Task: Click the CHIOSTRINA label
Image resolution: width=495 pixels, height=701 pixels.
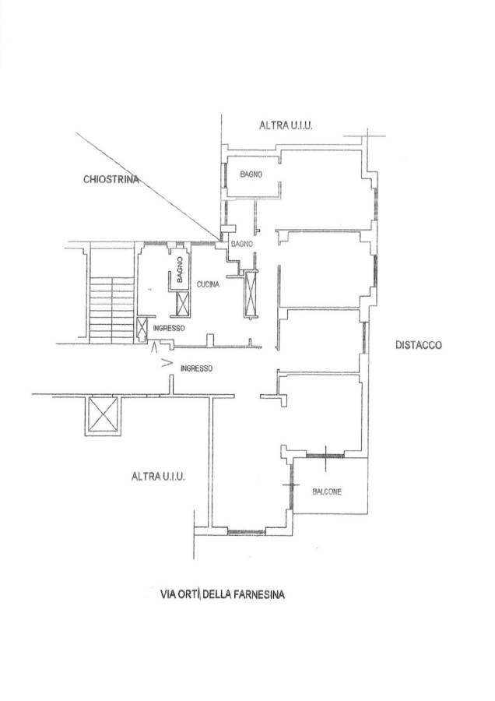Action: click(x=111, y=179)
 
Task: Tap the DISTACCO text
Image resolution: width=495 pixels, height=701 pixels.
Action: click(x=419, y=345)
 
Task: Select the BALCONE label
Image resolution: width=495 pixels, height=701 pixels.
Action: click(x=327, y=491)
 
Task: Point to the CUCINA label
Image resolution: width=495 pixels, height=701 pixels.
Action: click(x=208, y=284)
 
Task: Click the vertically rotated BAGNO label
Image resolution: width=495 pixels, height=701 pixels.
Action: click(x=180, y=269)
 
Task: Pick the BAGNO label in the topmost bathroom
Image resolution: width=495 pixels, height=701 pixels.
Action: click(x=251, y=174)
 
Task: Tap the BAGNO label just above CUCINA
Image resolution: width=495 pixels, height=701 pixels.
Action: click(x=242, y=244)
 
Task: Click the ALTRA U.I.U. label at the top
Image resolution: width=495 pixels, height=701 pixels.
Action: click(x=286, y=125)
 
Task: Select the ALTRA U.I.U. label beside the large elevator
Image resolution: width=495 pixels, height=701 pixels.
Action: click(x=158, y=477)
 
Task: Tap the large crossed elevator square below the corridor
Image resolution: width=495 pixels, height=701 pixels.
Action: click(x=102, y=415)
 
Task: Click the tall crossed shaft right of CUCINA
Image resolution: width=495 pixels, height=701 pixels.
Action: click(x=251, y=294)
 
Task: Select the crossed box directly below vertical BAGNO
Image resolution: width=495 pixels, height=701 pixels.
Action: click(x=183, y=303)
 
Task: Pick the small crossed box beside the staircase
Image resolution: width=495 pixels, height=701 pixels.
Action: click(x=141, y=328)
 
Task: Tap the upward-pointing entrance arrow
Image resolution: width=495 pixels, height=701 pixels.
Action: click(x=155, y=347)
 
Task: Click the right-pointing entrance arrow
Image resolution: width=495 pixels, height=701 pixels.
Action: click(x=167, y=362)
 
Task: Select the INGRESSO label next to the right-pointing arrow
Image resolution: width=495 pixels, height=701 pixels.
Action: click(x=196, y=368)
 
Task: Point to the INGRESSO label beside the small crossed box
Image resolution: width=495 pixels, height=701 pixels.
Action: click(x=169, y=328)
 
